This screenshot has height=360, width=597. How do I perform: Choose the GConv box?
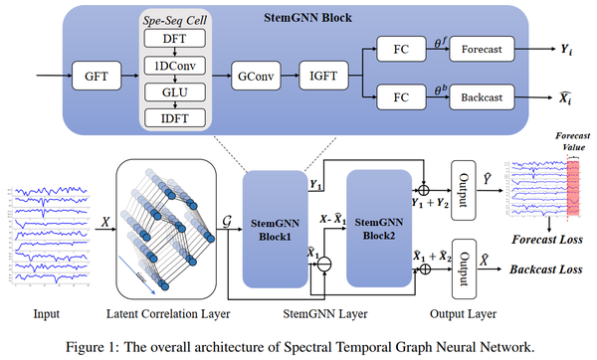click(255, 75)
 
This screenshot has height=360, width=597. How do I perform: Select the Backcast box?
click(482, 98)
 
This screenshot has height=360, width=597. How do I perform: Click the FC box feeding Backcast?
click(400, 98)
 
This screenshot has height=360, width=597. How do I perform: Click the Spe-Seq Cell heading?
click(175, 19)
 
